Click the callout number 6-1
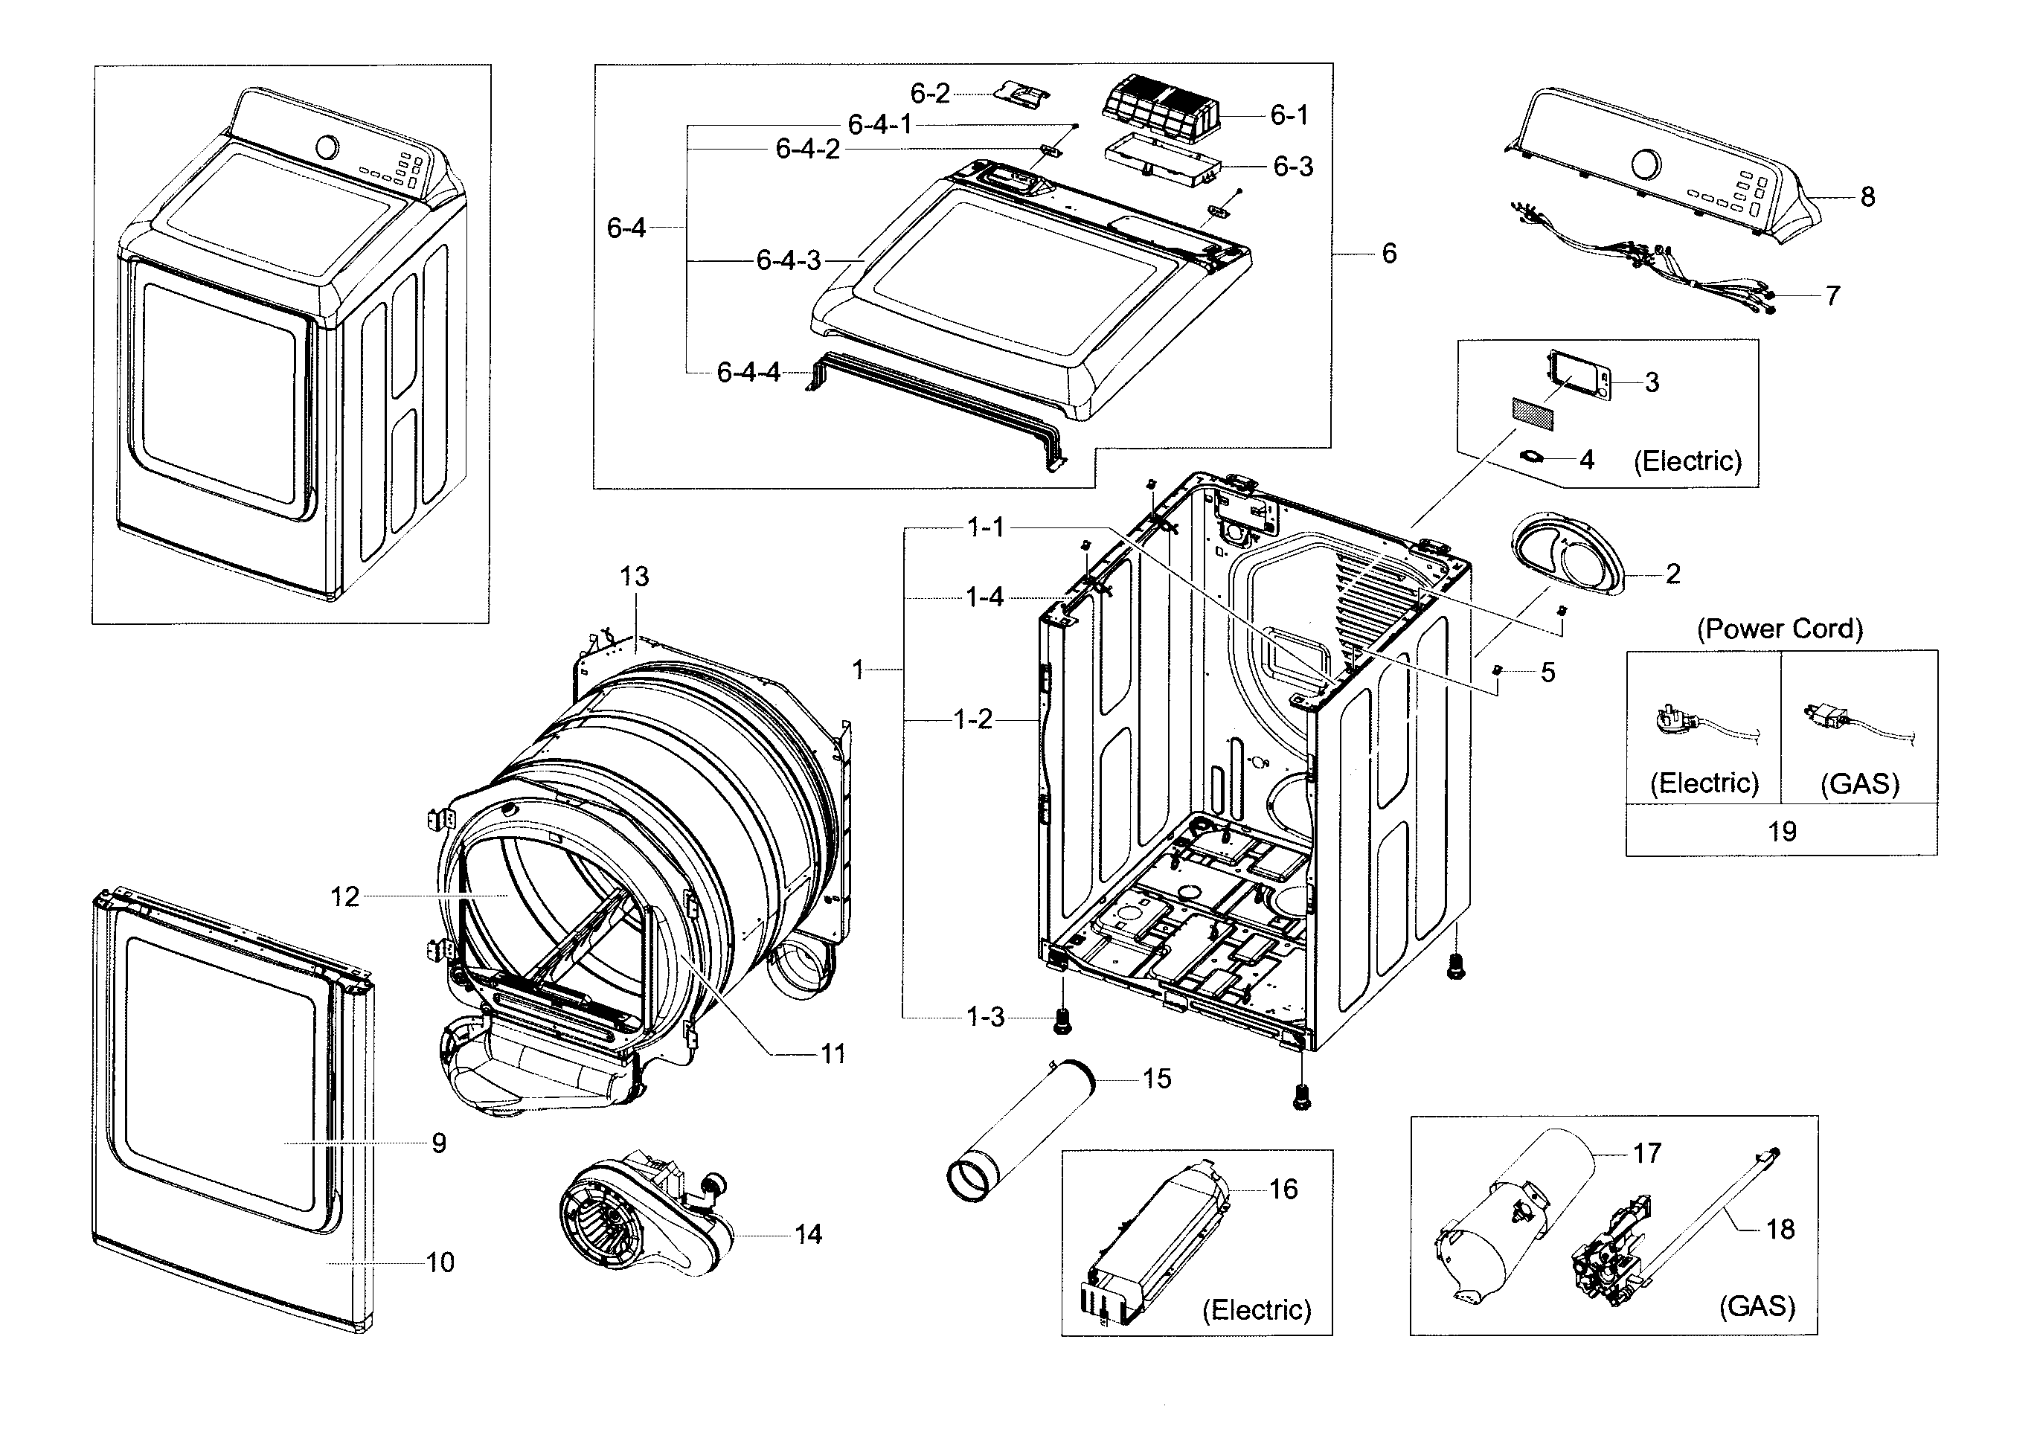(1289, 115)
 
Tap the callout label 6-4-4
(748, 372)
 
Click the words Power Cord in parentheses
(1780, 629)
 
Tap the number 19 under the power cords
(1781, 832)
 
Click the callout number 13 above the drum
(635, 577)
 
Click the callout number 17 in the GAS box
(1646, 1153)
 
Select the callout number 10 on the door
(440, 1262)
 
